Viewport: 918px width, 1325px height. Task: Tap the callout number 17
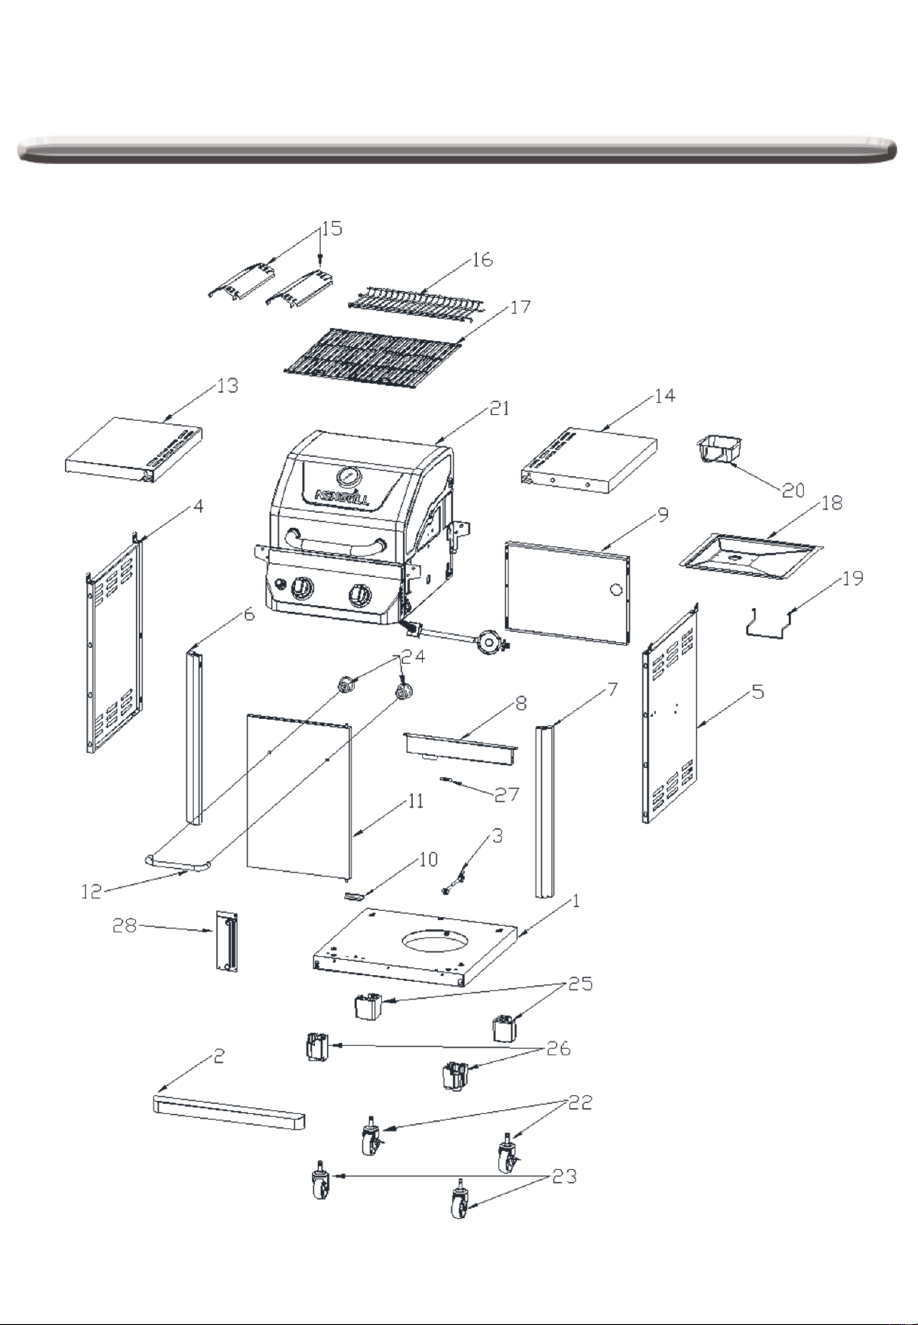[x=521, y=307]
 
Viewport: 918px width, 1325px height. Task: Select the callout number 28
[x=125, y=926]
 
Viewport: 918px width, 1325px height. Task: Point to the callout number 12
[x=92, y=892]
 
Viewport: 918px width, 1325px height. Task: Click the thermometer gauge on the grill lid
[x=349, y=477]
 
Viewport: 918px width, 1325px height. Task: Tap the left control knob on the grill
[x=303, y=588]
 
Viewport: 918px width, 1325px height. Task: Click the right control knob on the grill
[x=360, y=594]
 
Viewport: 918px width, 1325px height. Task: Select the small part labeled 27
[x=449, y=780]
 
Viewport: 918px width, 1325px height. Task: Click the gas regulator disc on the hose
[x=489, y=642]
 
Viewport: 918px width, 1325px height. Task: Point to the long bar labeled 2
[x=229, y=1111]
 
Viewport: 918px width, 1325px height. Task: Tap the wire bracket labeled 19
[x=770, y=621]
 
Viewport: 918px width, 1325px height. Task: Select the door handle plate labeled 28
[x=227, y=941]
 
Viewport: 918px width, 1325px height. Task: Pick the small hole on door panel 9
[x=615, y=589]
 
